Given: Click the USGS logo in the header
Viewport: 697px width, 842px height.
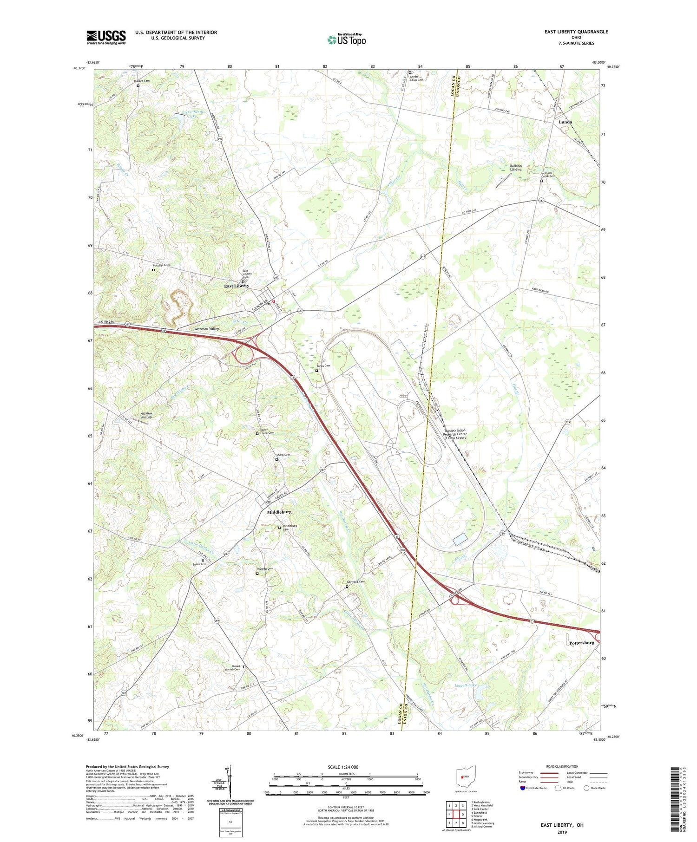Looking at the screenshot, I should (106, 37).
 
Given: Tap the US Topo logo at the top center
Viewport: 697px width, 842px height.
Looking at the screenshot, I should (346, 39).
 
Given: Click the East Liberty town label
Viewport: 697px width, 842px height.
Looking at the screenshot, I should (237, 286).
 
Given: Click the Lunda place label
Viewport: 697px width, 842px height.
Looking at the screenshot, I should (565, 122).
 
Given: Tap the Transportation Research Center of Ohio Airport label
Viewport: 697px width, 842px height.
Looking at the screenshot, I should (455, 434).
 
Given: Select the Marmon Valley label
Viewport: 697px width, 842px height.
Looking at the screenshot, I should (206, 328).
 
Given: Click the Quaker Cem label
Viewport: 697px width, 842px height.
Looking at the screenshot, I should (142, 81).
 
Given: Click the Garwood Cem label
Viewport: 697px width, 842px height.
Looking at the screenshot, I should (356, 581).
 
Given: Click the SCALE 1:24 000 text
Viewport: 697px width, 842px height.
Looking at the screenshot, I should (343, 767).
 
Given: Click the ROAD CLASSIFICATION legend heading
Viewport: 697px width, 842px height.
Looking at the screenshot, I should (562, 766).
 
